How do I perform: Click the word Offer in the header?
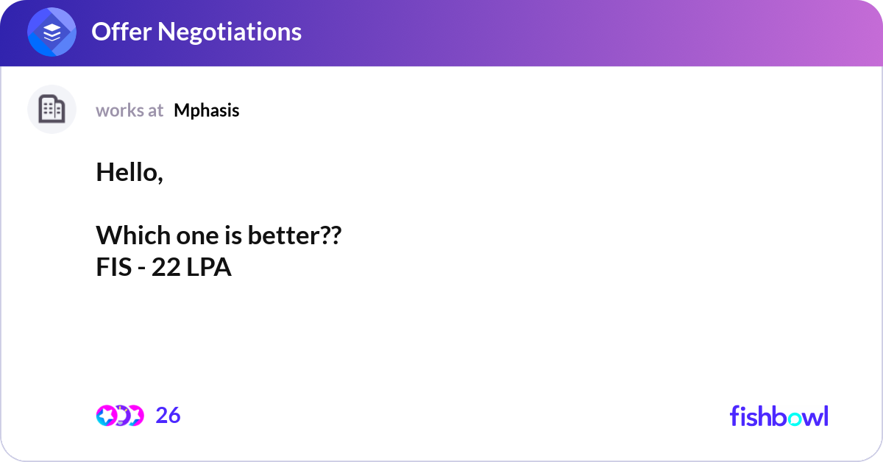121,32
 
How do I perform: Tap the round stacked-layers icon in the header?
52,32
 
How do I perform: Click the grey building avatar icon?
52,109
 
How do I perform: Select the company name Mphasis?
207,111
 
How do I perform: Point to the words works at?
130,111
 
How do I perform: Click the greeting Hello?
130,172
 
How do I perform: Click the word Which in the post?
133,235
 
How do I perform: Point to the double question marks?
333,235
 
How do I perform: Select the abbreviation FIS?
114,267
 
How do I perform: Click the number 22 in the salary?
166,267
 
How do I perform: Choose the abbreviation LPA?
208,267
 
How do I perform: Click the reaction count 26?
168,416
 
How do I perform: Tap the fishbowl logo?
779,416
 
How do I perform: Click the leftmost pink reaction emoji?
107,416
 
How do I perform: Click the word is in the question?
233,235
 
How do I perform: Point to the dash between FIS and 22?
141,269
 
